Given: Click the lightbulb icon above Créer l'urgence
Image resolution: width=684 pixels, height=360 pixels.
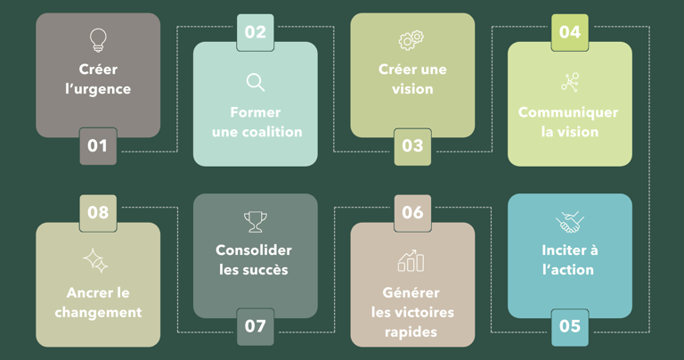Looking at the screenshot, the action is [98, 40].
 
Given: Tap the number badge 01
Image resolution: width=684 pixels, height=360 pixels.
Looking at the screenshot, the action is [98, 146].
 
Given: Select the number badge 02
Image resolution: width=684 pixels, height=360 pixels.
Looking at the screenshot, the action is [255, 32].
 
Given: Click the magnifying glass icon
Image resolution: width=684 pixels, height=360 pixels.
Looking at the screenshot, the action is [256, 83].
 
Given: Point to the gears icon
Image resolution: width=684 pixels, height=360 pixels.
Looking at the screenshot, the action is [411, 40].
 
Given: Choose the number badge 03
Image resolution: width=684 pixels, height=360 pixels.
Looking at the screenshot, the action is [412, 146].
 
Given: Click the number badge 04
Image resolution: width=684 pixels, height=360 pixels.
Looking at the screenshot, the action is [570, 32].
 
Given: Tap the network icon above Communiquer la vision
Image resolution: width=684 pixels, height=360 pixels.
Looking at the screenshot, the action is [570, 83].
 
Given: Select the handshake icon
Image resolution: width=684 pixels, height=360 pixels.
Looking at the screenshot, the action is [570, 221].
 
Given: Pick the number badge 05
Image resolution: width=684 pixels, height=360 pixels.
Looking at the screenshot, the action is [570, 326].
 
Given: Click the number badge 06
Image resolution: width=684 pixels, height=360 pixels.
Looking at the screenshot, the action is [412, 213].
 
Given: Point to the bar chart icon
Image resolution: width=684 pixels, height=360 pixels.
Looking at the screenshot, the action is [411, 261].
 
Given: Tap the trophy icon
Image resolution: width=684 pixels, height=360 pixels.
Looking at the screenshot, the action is [256, 221].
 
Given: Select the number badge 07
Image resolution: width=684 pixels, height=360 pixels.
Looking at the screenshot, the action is [256, 326].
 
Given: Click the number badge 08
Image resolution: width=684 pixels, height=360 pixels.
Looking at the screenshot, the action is [98, 213].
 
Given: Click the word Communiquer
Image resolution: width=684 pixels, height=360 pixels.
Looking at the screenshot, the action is [568, 112].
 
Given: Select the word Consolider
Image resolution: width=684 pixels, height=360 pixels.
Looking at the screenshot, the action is [254, 250].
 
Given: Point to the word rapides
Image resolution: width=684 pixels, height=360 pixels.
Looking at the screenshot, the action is [412, 331].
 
